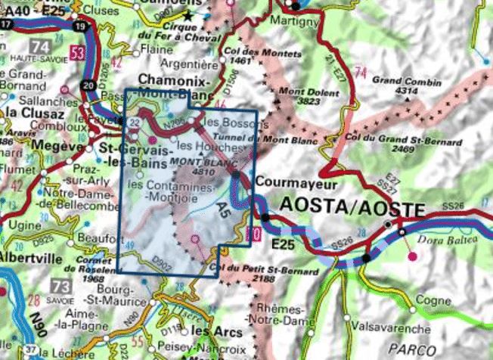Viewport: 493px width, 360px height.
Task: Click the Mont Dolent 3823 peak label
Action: (x=298, y=97)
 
